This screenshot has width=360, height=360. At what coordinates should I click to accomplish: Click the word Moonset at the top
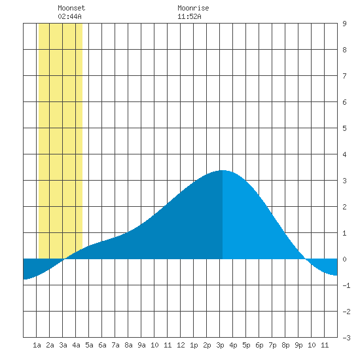point(71,8)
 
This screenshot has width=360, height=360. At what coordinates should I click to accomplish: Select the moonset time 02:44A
point(69,16)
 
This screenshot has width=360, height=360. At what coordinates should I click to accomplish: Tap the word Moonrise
point(193,8)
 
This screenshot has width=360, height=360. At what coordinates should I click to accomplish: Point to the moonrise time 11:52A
point(189,16)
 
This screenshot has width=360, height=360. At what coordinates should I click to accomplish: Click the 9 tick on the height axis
point(344,24)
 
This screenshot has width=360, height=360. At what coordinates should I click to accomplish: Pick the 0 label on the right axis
point(344,259)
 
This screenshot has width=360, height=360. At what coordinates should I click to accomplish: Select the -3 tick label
point(346,338)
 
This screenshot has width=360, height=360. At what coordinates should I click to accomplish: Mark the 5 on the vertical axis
point(344,128)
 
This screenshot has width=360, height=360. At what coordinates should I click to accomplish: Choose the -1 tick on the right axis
point(346,285)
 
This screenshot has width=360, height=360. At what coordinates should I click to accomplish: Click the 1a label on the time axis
point(37,345)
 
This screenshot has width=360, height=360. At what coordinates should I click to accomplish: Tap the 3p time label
point(220,345)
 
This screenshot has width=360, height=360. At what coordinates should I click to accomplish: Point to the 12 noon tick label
point(181,345)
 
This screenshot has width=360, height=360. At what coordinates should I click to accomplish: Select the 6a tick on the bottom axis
point(102,345)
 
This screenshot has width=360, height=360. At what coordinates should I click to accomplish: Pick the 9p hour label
point(298,345)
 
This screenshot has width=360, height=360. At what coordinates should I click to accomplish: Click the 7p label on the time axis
point(272,345)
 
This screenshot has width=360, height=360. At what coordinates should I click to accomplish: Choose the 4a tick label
point(76,345)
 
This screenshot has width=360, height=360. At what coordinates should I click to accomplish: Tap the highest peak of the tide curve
point(223,170)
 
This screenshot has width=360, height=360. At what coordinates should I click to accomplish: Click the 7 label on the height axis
point(344,76)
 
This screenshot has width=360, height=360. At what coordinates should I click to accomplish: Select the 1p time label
point(194,345)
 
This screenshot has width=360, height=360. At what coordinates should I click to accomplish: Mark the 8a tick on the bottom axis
point(128,345)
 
